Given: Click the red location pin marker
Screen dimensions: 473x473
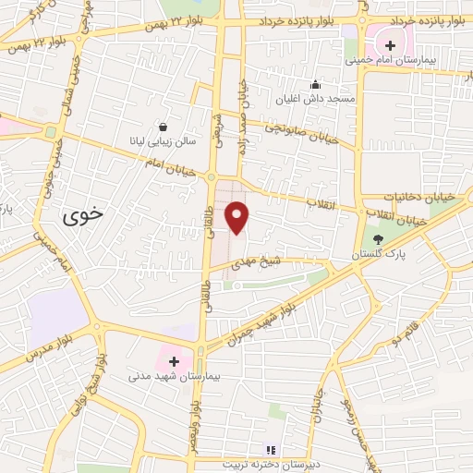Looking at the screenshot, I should point(237,218).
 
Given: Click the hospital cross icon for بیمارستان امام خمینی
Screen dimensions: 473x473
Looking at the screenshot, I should point(390,43).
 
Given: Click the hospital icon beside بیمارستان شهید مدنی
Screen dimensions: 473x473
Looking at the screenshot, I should point(174,360).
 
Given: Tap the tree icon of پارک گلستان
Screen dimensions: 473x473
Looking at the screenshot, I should point(378,240).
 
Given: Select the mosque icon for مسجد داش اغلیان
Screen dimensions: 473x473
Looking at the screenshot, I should point(315,84).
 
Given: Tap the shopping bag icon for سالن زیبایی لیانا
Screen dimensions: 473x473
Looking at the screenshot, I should point(164,127).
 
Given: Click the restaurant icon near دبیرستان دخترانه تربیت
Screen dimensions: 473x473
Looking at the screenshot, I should point(271,450).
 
